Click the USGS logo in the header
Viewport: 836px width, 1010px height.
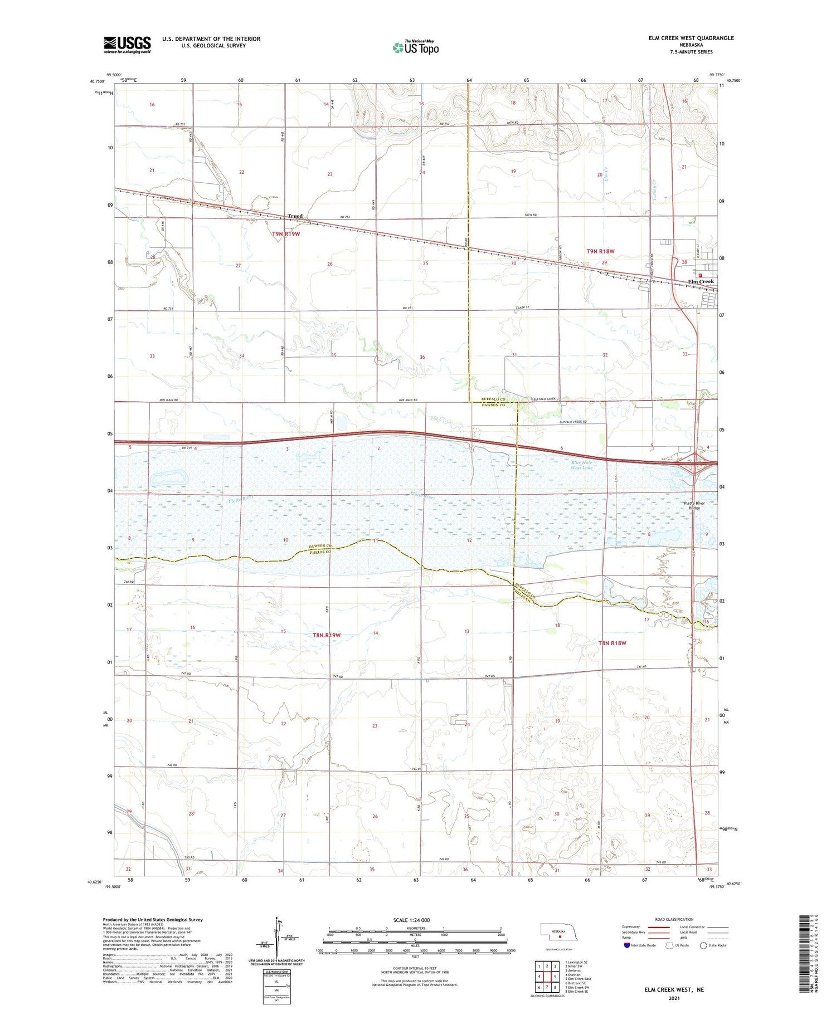(x=127, y=45)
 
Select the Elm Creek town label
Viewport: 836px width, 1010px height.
(x=701, y=281)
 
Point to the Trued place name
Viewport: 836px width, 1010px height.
(x=295, y=216)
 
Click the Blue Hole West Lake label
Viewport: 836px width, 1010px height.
(x=581, y=465)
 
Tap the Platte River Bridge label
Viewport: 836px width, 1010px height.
(x=694, y=505)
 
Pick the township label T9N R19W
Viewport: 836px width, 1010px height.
(x=286, y=234)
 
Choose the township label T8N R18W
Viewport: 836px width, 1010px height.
(x=612, y=643)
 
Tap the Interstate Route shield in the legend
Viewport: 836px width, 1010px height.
(x=627, y=945)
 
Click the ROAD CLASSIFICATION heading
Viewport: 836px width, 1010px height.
(x=674, y=919)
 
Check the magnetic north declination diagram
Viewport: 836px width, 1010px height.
(x=276, y=941)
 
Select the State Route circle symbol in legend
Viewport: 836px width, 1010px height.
(x=703, y=945)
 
